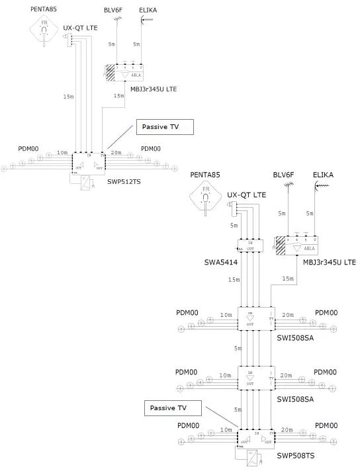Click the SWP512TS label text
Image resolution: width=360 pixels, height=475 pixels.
pyautogui.click(x=124, y=180)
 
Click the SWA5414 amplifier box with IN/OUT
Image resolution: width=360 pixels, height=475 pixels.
pyautogui.click(x=251, y=245)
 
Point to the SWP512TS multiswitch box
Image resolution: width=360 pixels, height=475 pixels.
pyautogui.click(x=89, y=163)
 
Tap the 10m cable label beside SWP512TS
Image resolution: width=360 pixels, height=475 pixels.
pyautogui.click(x=63, y=152)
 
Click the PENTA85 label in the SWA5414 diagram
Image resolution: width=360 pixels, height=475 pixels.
pyautogui.click(x=206, y=175)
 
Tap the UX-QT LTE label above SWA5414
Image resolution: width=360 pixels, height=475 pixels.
pyautogui.click(x=246, y=195)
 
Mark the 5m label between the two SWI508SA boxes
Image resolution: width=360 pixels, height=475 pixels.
pyautogui.click(x=237, y=348)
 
